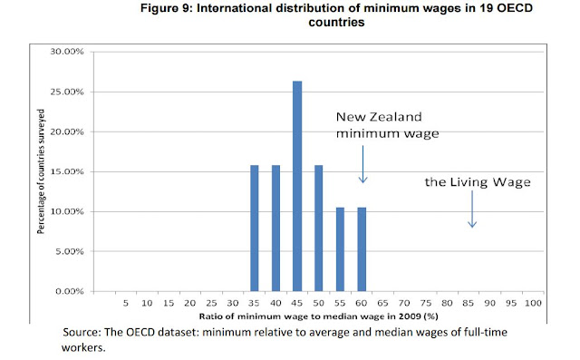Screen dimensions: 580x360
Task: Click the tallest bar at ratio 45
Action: (x=297, y=186)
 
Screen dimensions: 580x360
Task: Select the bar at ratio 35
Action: (x=254, y=229)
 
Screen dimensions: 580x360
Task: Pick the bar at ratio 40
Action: (x=275, y=229)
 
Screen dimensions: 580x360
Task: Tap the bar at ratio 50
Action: (x=318, y=229)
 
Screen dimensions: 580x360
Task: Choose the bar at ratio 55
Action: (x=340, y=249)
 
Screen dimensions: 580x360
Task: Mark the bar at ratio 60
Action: (x=362, y=249)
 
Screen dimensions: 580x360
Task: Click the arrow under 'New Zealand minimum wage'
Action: (x=362, y=164)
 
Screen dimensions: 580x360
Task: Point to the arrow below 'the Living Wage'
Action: (x=472, y=209)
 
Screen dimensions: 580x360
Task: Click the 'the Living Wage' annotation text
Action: (x=478, y=182)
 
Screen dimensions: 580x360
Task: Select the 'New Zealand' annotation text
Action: (x=379, y=117)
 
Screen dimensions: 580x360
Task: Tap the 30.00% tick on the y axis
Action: (x=67, y=52)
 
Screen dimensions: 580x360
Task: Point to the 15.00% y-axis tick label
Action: (x=67, y=171)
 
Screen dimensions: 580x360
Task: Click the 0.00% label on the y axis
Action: (x=70, y=292)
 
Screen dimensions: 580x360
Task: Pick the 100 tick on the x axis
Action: (x=533, y=304)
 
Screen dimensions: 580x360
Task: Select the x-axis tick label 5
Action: (x=126, y=304)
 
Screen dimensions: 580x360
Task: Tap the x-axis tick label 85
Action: (x=468, y=304)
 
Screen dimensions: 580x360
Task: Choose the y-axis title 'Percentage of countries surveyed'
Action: (x=41, y=171)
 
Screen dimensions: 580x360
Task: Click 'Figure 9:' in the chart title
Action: (x=167, y=8)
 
